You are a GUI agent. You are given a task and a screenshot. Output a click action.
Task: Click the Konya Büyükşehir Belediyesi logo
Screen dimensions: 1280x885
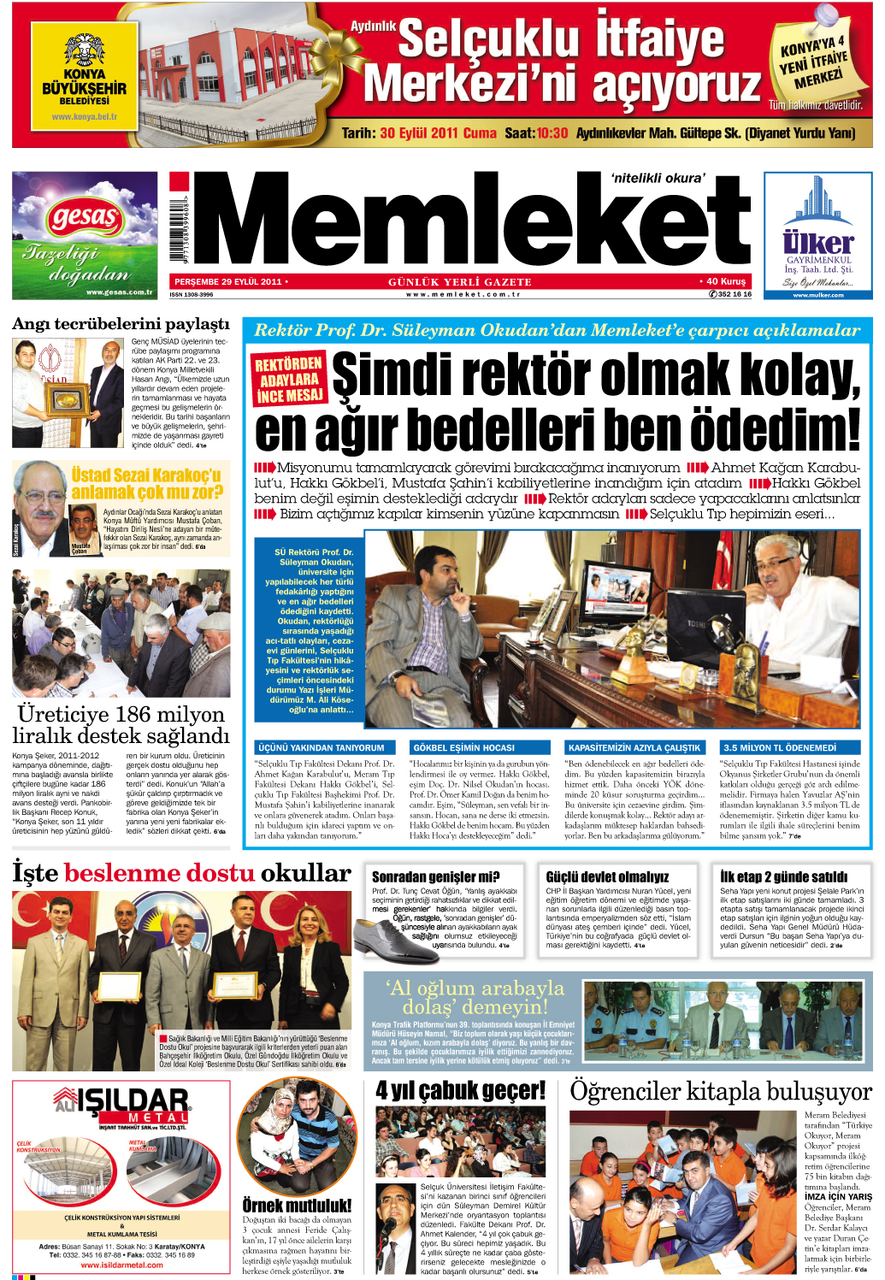pos(84,76)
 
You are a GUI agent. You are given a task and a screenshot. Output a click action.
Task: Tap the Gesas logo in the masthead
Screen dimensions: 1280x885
pos(84,218)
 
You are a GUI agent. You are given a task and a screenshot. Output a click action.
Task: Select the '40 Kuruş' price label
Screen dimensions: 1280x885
pos(726,280)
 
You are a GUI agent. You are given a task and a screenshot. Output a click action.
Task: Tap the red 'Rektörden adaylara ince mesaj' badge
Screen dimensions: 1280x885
pos(289,379)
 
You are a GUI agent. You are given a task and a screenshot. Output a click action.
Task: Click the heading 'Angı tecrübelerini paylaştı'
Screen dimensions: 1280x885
pos(121,324)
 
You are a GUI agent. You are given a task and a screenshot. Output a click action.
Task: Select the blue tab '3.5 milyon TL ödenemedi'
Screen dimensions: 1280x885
pos(779,747)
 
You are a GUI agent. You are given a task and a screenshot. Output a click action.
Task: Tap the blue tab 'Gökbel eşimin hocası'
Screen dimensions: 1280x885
pos(463,747)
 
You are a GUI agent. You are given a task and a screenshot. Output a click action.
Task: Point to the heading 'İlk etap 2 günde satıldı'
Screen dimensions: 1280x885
pos(783,876)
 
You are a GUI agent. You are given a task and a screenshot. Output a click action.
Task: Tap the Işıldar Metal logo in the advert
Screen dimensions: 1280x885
pos(121,1104)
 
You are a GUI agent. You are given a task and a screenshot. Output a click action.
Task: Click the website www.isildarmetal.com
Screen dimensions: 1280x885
pos(121,1265)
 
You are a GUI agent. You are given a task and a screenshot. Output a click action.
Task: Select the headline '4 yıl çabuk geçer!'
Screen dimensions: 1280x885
pos(460,1091)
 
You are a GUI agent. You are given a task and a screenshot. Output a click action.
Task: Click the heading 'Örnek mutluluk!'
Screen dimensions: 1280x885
pos(297,1206)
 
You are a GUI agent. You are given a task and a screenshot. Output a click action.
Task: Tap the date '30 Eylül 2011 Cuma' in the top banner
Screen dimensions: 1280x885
pos(438,133)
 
